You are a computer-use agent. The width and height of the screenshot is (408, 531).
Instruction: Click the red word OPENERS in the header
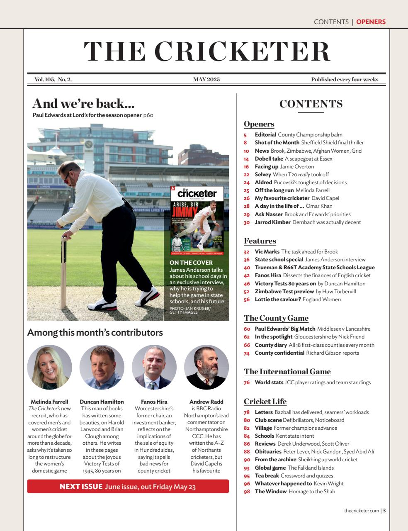coord(371,22)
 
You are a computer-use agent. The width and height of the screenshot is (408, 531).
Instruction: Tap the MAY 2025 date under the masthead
coord(206,80)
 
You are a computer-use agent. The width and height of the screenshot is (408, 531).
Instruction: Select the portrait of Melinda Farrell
coord(49,367)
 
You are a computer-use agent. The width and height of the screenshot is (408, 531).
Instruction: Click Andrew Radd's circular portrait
coord(206,367)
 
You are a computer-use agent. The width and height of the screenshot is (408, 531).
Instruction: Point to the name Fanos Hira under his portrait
coord(154,402)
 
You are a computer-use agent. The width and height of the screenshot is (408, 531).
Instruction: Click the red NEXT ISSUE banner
coord(128,486)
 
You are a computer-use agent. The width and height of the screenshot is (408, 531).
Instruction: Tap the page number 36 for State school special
coord(246,260)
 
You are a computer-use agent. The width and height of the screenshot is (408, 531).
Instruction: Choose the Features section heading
coord(260,241)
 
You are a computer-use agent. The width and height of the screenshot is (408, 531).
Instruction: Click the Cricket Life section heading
coord(265,401)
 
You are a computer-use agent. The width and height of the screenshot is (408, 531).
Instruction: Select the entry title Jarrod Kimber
coord(272,222)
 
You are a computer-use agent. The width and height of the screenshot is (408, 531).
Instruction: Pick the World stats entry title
coord(269,382)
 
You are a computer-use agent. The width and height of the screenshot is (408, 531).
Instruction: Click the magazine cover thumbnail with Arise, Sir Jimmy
coord(197,221)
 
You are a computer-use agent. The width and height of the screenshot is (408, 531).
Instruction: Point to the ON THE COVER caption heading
coord(191,263)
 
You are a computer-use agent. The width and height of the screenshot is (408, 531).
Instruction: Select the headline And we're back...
coord(83,103)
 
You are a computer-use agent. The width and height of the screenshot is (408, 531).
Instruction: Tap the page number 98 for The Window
coord(247,492)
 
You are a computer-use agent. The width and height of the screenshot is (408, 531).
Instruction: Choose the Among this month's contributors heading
coord(95,332)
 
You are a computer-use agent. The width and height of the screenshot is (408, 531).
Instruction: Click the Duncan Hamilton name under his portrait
coord(102,402)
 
